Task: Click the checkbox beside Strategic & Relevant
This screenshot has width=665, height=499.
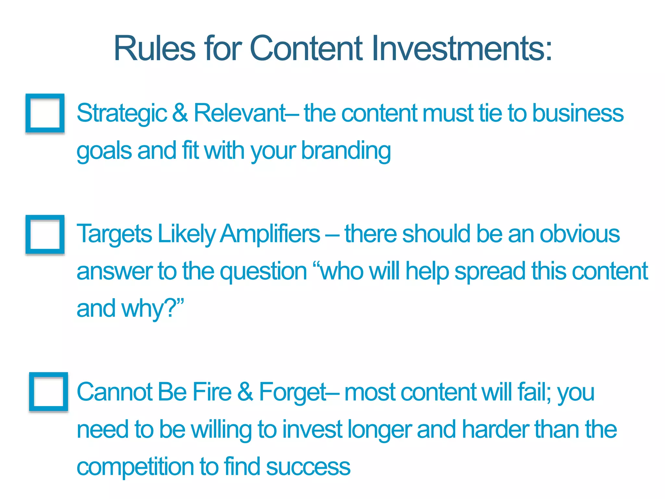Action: (x=45, y=113)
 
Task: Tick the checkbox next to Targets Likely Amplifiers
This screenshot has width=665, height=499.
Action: (x=45, y=234)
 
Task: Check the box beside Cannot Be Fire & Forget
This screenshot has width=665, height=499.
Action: (x=48, y=392)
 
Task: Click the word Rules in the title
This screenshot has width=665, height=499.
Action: (x=155, y=48)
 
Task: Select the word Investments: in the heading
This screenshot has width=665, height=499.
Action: (x=461, y=48)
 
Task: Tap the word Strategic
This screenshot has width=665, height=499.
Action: (x=122, y=113)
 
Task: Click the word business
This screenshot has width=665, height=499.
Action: (x=578, y=113)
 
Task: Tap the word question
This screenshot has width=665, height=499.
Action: (x=263, y=272)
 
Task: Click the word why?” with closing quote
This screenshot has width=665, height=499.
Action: (x=152, y=309)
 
